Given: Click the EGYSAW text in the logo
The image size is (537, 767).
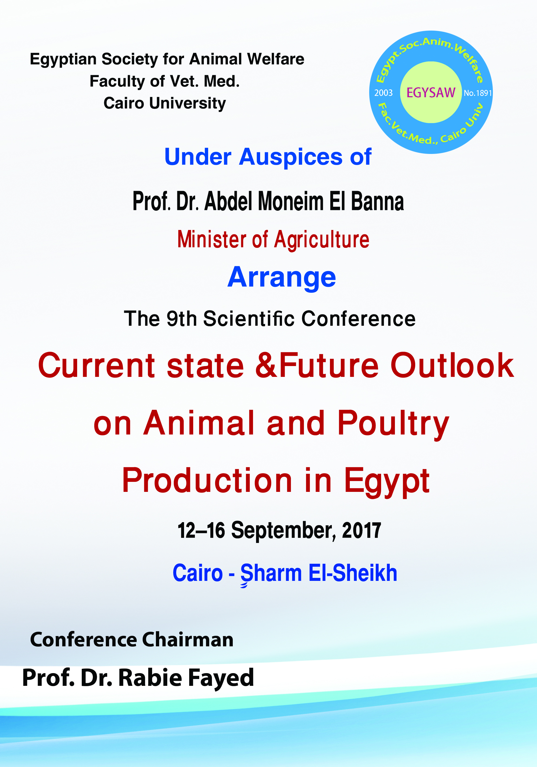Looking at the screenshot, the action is (x=431, y=93).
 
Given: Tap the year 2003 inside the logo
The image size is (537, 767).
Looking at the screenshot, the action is (x=383, y=93).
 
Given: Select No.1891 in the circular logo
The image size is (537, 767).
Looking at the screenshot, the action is (x=478, y=93).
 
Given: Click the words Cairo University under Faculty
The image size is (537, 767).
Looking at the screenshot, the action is (x=165, y=104).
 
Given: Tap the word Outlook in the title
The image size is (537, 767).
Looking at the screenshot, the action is (x=452, y=366).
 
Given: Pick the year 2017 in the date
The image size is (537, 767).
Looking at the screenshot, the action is (x=361, y=531).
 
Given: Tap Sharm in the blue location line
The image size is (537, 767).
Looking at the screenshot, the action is (x=271, y=574).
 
